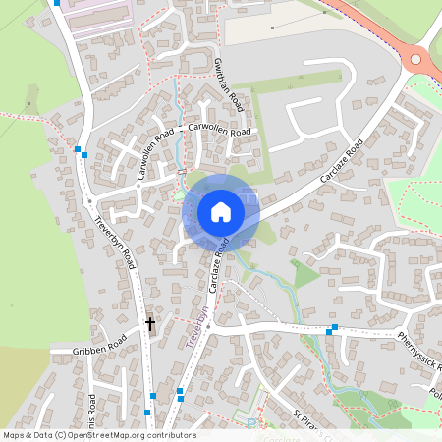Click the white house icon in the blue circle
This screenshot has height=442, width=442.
(220, 211)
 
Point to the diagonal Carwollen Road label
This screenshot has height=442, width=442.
(155, 152)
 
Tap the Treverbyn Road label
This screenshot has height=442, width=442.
(117, 241)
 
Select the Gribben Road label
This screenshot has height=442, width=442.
(100, 347)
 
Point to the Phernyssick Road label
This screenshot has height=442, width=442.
(419, 350)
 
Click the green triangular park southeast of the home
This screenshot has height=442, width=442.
(305, 274)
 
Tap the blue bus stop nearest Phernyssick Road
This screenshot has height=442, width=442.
(335, 328)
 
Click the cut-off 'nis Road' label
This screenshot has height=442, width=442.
(92, 415)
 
